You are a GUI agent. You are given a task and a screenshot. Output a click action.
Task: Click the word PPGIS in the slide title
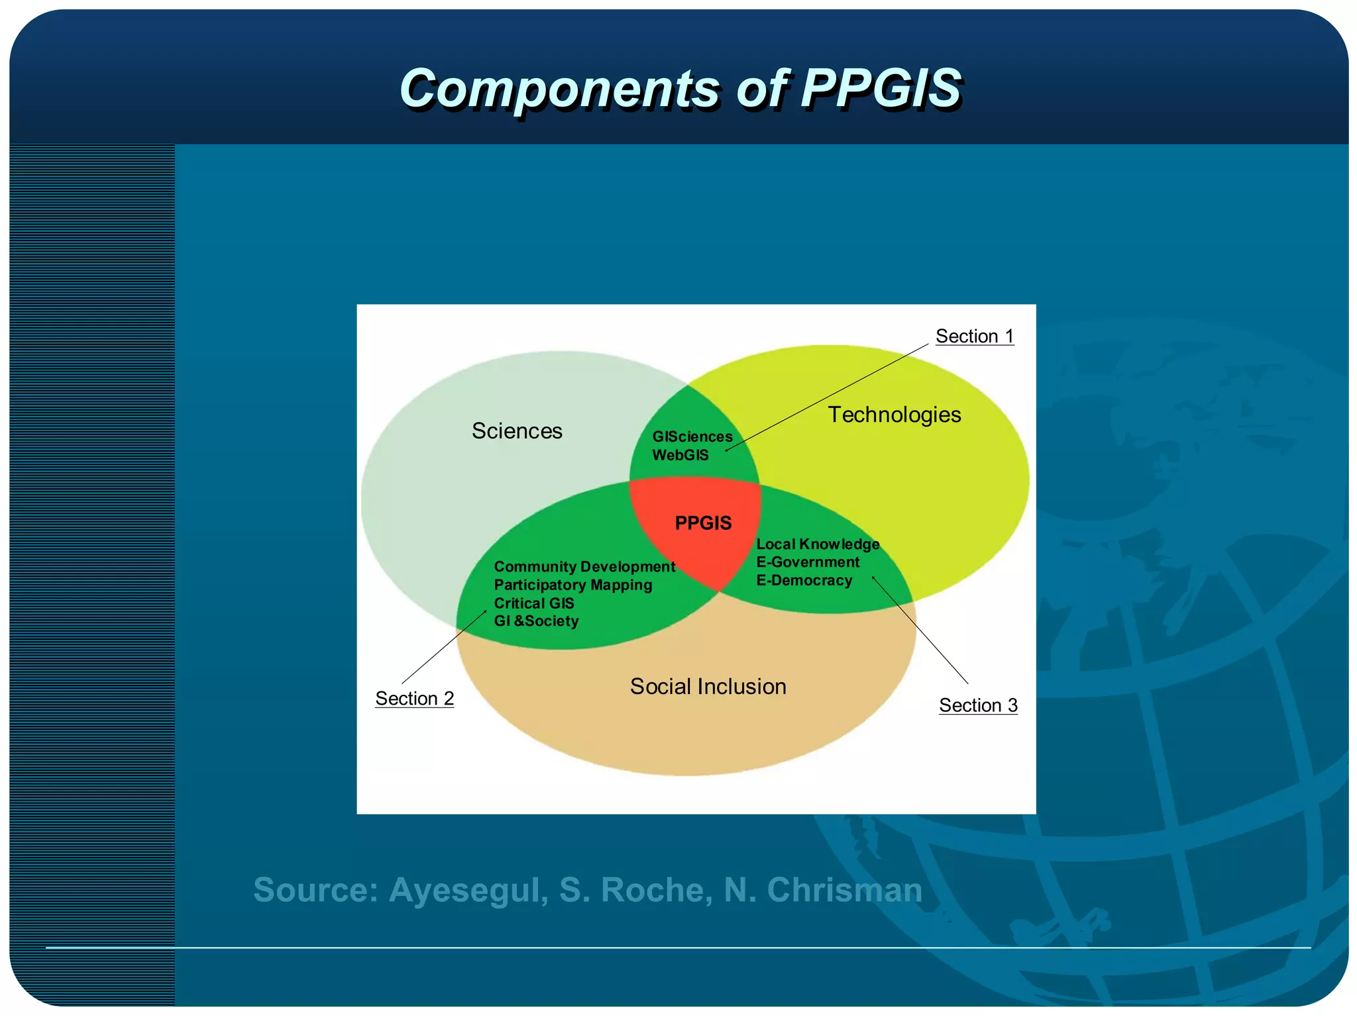[x=881, y=88]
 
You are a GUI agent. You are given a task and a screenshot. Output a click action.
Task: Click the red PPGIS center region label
[x=703, y=523]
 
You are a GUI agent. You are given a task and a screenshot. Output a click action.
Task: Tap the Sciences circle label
[x=517, y=431]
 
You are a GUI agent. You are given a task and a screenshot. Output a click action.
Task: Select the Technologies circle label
[x=894, y=415]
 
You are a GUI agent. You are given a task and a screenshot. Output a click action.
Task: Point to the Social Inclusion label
[x=708, y=687]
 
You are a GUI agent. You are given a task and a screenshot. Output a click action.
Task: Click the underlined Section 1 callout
[x=974, y=336]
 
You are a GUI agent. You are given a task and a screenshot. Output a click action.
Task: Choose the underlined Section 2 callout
[x=414, y=699]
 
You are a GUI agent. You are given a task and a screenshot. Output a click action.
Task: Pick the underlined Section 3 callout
[x=978, y=705]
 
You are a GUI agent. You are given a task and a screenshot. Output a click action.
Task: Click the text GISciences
[x=692, y=437]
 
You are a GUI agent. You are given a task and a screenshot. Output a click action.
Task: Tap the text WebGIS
[x=680, y=455]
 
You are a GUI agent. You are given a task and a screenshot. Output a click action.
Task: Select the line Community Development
[x=584, y=567]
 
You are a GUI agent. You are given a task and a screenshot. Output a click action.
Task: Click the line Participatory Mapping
[x=573, y=585]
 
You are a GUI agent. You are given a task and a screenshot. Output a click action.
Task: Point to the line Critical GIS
[x=534, y=603]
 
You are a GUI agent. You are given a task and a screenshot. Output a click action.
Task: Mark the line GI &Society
[x=536, y=621]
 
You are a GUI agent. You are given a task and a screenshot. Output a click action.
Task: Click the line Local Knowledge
[x=818, y=544]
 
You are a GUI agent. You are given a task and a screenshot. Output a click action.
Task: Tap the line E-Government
[x=808, y=562]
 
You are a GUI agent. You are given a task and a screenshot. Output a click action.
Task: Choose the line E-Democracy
[x=804, y=581]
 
